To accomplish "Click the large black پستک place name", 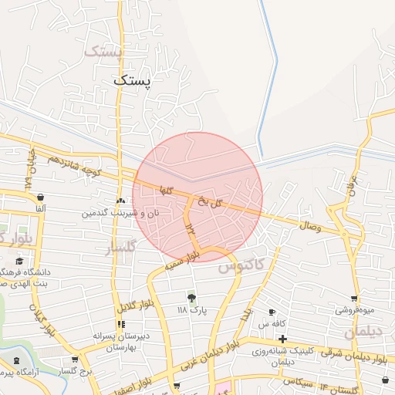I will pyautogui.click(x=133, y=79).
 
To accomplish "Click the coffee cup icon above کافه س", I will pyautogui.click(x=272, y=312).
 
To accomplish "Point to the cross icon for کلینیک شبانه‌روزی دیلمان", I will pyautogui.click(x=282, y=339).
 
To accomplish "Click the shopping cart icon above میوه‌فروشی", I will pyautogui.click(x=354, y=299).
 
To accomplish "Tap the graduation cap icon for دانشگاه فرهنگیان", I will pyautogui.click(x=19, y=261).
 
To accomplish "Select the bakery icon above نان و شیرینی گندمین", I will pyautogui.click(x=120, y=201).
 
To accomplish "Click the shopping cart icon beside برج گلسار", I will pyautogui.click(x=75, y=360).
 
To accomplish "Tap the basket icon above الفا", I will pyautogui.click(x=39, y=197).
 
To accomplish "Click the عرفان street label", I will pyautogui.click(x=350, y=185).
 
